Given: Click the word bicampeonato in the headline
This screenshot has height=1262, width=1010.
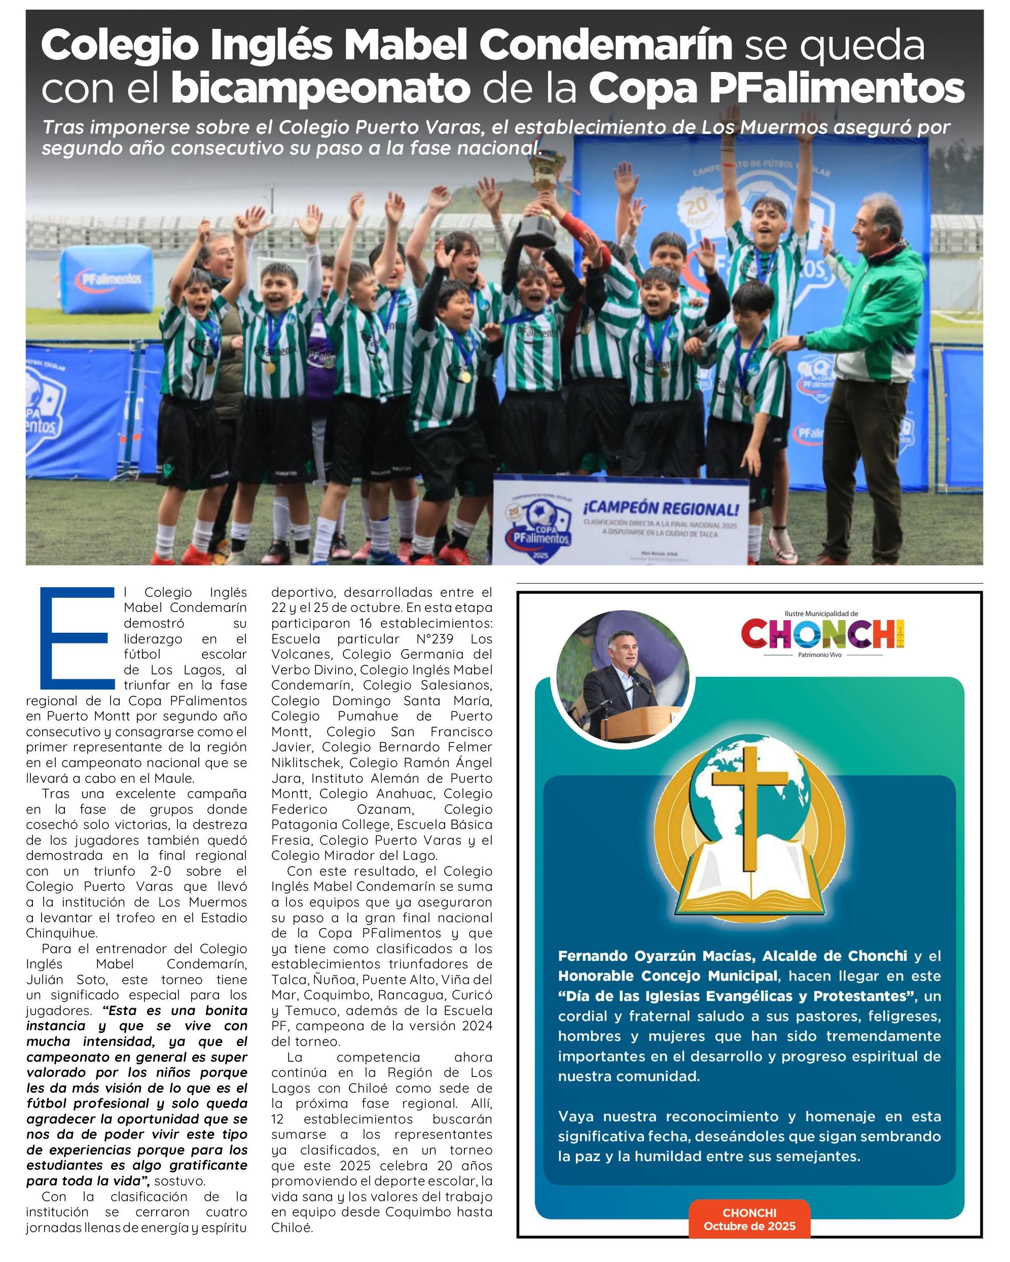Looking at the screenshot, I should coord(321,89).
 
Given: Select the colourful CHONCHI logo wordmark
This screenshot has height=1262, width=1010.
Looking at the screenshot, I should coord(822,634).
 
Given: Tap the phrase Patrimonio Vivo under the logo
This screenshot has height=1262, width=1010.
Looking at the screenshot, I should coord(819,655).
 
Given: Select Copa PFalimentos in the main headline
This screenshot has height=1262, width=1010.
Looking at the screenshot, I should coord(776,89).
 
